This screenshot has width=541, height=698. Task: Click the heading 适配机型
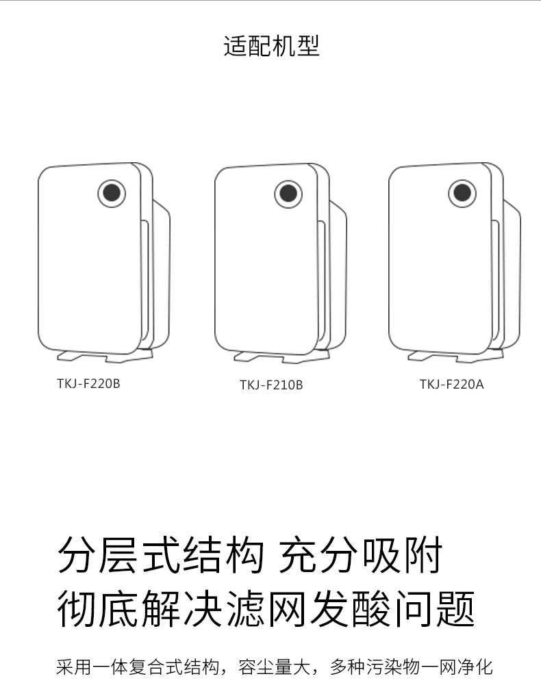(271, 46)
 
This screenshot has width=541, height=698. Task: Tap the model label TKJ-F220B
(88, 383)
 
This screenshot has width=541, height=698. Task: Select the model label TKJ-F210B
(270, 385)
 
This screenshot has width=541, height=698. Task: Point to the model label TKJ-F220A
(451, 384)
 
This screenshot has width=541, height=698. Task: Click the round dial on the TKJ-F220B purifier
(112, 193)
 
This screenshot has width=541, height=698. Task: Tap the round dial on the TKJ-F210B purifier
(288, 194)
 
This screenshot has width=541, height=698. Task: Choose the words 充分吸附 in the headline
(361, 555)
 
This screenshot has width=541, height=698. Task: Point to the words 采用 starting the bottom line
(73, 667)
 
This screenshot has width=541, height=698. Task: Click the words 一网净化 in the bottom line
(460, 667)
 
